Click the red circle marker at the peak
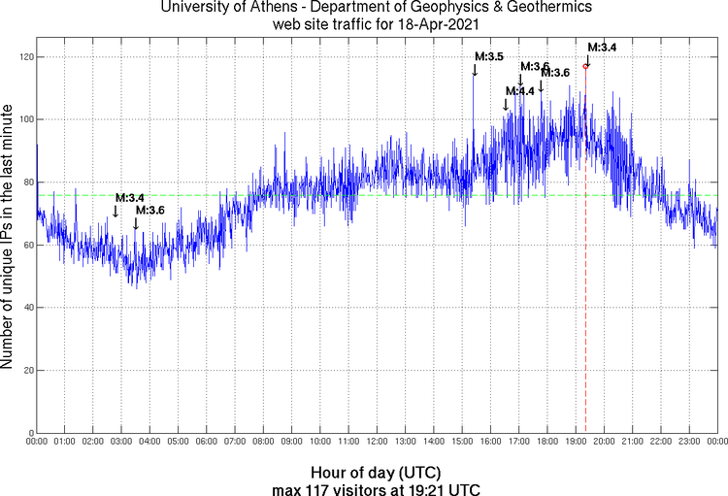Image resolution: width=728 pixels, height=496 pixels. (x=585, y=66)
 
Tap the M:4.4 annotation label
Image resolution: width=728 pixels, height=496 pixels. (x=520, y=91)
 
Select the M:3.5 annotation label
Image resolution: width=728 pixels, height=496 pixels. (x=489, y=57)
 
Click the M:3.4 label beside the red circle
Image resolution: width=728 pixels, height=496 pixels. (x=602, y=47)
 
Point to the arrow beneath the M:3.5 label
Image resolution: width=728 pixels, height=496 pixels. (x=475, y=70)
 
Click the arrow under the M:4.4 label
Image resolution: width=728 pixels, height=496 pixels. (x=506, y=105)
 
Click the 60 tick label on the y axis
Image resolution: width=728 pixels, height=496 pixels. (x=26, y=246)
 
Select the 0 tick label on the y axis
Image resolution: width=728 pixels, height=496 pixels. (x=29, y=433)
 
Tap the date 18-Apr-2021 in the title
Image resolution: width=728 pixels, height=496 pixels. (x=438, y=25)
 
